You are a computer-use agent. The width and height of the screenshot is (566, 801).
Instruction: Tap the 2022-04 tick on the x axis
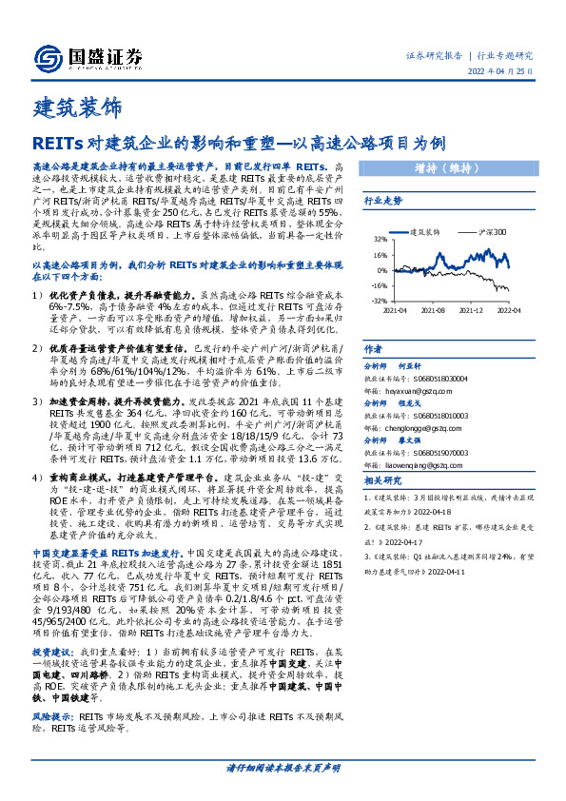(x=510, y=310)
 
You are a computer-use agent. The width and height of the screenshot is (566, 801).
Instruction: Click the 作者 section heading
(x=375, y=349)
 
